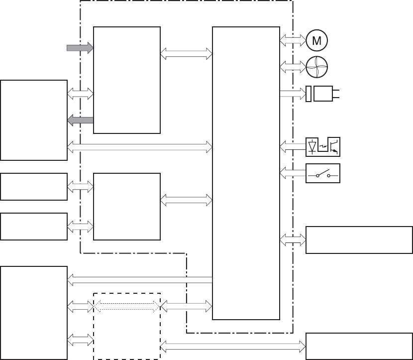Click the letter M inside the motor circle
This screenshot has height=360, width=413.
pyautogui.click(x=316, y=41)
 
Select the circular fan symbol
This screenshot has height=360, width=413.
pyautogui.click(x=317, y=67)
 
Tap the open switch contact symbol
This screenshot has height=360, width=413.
pyautogui.click(x=323, y=173)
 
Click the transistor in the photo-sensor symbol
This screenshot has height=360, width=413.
pyautogui.click(x=334, y=147)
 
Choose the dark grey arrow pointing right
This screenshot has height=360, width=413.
pyautogui.click(x=80, y=48)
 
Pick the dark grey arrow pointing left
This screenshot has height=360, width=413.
pyautogui.click(x=80, y=120)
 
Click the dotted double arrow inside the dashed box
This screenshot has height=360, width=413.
pyautogui.click(x=127, y=306)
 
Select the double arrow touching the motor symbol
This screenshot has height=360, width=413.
pyautogui.click(x=293, y=40)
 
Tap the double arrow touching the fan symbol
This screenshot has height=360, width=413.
pyautogui.click(x=293, y=67)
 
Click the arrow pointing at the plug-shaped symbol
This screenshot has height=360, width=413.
pyautogui.click(x=293, y=94)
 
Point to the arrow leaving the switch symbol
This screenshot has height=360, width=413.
pyautogui.click(x=293, y=173)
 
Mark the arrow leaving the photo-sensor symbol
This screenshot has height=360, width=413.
pyautogui.click(x=293, y=147)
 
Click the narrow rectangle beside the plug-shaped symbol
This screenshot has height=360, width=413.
pyautogui.click(x=309, y=94)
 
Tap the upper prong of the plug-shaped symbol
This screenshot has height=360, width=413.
pyautogui.click(x=336, y=91)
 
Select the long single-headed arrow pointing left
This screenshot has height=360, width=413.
pyautogui.click(x=140, y=280)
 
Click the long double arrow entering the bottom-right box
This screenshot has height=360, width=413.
pyautogui.click(x=233, y=346)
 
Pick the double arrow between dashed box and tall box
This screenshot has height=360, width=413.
pyautogui.click(x=186, y=306)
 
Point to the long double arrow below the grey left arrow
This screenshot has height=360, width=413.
pyautogui.click(x=140, y=147)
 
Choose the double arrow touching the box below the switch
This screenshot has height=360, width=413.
pyautogui.click(x=293, y=240)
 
